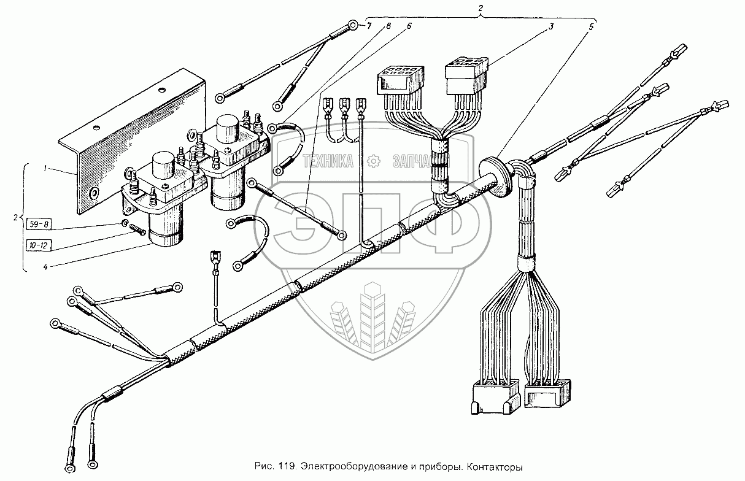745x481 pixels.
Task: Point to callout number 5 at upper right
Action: tap(592, 28)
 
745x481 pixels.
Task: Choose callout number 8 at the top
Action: tap(388, 26)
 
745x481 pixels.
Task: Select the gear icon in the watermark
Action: tap(371, 162)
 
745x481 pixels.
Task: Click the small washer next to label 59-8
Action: tap(125, 223)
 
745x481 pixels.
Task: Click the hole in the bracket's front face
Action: tap(95, 194)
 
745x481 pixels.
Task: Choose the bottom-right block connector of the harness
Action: tap(548, 393)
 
